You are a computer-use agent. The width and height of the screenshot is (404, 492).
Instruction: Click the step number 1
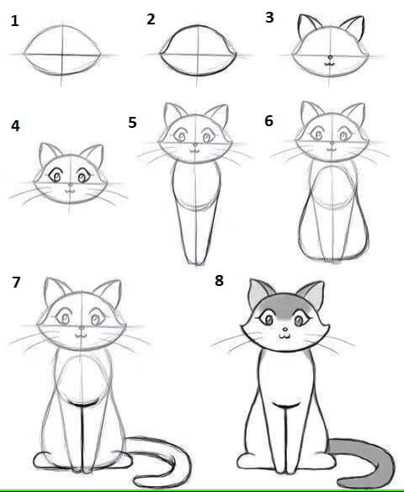pyautogui.click(x=14, y=21)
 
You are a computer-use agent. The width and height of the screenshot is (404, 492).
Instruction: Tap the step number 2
pyautogui.click(x=151, y=19)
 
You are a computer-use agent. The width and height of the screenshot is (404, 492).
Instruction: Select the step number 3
pyautogui.click(x=269, y=18)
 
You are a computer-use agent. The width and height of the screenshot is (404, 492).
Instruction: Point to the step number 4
pyautogui.click(x=15, y=126)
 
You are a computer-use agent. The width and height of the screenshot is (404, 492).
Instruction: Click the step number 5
pyautogui.click(x=132, y=123)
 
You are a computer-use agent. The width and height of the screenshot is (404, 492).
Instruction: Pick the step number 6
pyautogui.click(x=268, y=121)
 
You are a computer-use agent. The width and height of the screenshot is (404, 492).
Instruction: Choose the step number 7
pyautogui.click(x=16, y=282)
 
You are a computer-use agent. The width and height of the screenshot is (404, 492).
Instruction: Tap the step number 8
pyautogui.click(x=219, y=281)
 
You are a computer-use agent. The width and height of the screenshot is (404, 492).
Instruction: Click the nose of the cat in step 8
pyautogui.click(x=285, y=330)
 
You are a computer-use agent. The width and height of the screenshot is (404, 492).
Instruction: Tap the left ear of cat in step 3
pyautogui.click(x=308, y=26)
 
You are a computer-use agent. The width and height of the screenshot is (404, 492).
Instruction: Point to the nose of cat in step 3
pyautogui.click(x=330, y=57)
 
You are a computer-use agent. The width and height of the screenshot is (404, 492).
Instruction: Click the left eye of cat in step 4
pyautogui.click(x=56, y=176)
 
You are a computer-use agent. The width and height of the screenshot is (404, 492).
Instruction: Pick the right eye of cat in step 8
pyautogui.click(x=300, y=320)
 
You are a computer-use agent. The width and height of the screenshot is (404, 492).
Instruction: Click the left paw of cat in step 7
pyautogui.click(x=42, y=461)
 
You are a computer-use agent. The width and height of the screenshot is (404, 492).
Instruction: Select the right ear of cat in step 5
pyautogui.click(x=217, y=115)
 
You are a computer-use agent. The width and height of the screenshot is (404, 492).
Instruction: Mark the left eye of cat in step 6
pyautogui.click(x=317, y=135)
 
